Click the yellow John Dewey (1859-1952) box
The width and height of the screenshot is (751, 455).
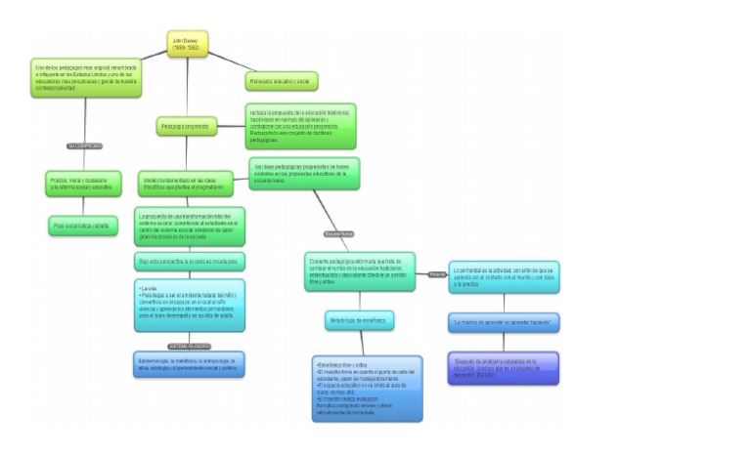[188, 45]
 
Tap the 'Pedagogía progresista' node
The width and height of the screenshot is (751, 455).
[187, 126]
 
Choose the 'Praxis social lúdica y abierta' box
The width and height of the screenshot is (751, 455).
[83, 226]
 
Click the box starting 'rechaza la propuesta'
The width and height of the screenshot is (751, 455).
[300, 126]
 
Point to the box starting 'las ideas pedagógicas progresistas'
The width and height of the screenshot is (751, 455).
[305, 174]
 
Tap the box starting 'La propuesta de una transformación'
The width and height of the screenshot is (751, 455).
[190, 227]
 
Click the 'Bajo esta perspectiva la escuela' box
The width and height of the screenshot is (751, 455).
[190, 262]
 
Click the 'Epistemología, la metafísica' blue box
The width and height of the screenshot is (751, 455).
[190, 364]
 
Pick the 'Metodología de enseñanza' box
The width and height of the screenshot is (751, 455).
[359, 320]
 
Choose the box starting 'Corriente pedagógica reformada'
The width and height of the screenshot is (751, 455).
[360, 271]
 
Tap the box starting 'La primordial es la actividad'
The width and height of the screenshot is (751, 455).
[504, 275]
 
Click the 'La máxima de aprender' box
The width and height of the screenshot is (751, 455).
[504, 321]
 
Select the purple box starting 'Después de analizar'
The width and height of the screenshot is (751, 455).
[504, 367]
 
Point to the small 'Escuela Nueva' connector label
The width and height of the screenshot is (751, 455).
[338, 234]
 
